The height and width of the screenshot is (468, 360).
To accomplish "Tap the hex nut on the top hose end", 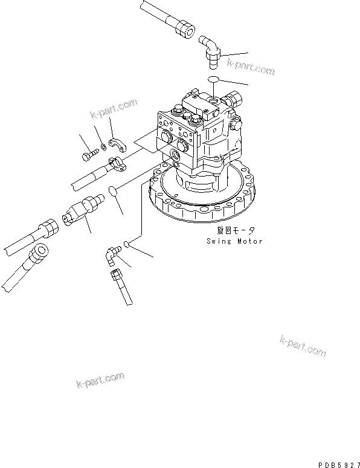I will [x=185, y=27].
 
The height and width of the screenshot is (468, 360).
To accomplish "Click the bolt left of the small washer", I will [x=86, y=157].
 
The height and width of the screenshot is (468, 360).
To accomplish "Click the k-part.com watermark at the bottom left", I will [x=100, y=379].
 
